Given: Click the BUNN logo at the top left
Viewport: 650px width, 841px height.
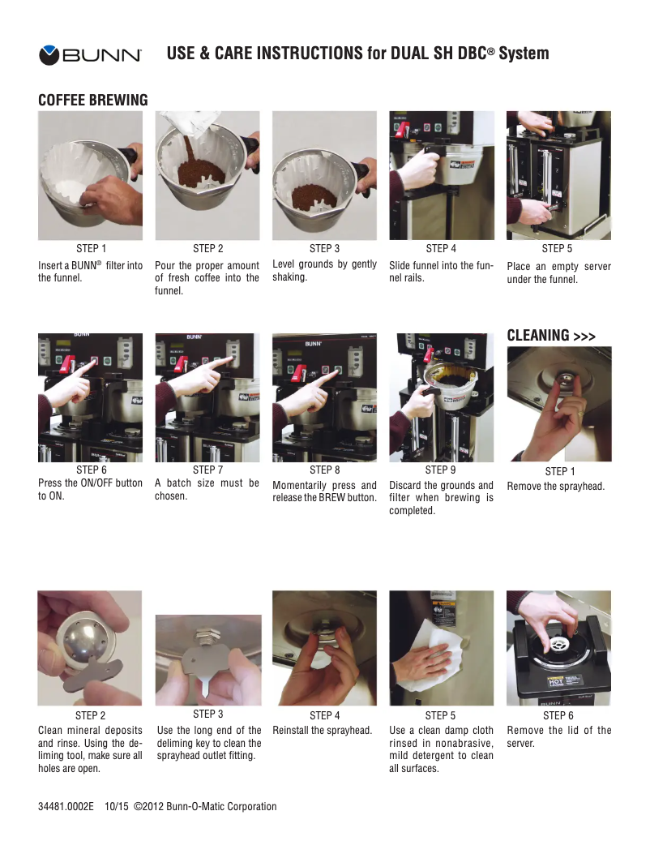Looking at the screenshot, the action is pyautogui.click(x=90, y=54).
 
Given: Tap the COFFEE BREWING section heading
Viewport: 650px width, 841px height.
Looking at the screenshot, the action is pyautogui.click(x=92, y=100).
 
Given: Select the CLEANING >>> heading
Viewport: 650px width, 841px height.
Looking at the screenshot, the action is pyautogui.click(x=551, y=335).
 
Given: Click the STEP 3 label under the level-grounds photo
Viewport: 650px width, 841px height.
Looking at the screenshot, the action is pyautogui.click(x=324, y=248).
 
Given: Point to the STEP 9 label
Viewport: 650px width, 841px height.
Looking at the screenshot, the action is pyautogui.click(x=440, y=470).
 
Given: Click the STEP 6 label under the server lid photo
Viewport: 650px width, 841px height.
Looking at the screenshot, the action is pyautogui.click(x=558, y=715).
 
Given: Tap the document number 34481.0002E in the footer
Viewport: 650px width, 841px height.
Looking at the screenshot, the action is pyautogui.click(x=66, y=806).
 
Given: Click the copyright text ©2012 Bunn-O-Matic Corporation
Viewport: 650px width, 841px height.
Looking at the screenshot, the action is pyautogui.click(x=205, y=806).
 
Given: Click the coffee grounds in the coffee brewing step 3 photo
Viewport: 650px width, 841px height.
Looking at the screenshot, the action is pyautogui.click(x=314, y=198).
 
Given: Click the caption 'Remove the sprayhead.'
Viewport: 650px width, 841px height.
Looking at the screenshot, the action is pyautogui.click(x=556, y=486).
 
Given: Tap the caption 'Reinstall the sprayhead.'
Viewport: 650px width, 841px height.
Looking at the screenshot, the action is pyautogui.click(x=322, y=730).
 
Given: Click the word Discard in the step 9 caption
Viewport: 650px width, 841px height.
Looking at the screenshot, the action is pyautogui.click(x=405, y=485).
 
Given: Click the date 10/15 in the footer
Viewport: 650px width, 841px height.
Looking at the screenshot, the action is pyautogui.click(x=116, y=806).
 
